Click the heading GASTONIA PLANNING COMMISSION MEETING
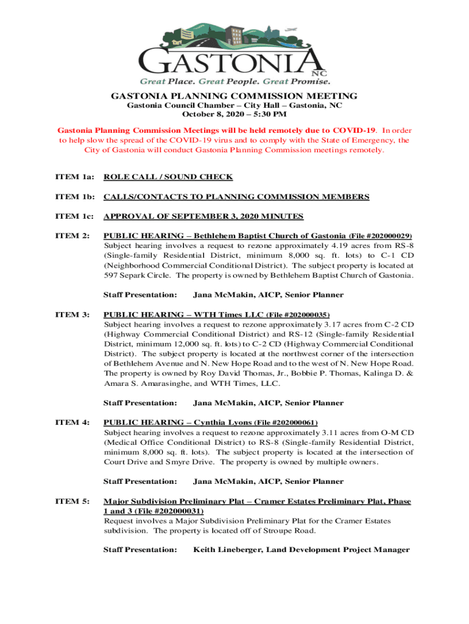coord(234,96)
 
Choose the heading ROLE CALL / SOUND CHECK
coord(168,177)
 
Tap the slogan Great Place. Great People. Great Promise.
coord(235,80)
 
